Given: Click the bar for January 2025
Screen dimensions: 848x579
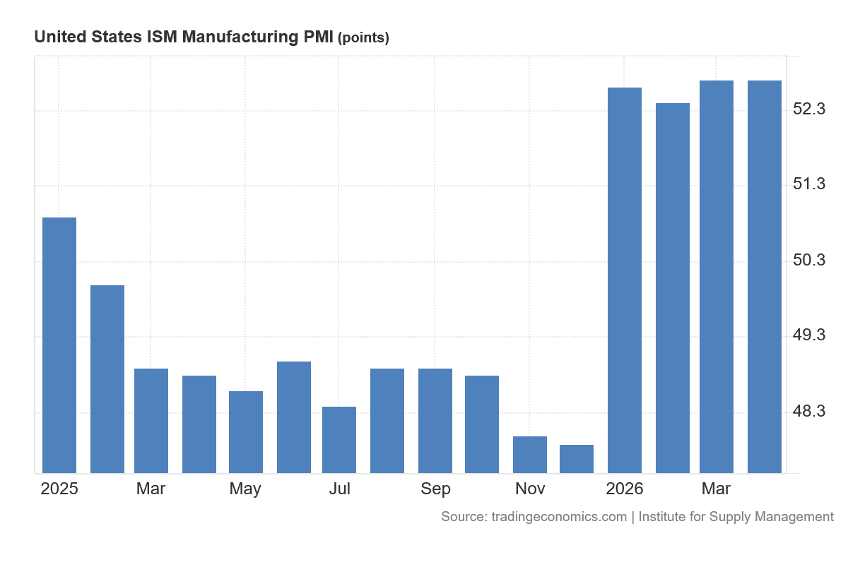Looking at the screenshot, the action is coord(59,345).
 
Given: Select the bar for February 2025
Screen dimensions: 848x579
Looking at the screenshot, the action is coord(107,379).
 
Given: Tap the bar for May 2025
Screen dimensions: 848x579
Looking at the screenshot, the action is coord(246,432).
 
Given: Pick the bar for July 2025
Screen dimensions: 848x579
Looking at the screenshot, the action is coord(339,440).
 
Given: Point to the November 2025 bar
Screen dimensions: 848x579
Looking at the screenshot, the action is coord(530,455).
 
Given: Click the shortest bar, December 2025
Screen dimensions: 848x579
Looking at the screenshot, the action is coord(577,459).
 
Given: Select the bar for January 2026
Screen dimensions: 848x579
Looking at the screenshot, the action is coord(625,280).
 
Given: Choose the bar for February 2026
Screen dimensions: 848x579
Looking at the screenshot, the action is coord(673,288).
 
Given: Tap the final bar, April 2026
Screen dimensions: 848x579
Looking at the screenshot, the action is coord(765,277).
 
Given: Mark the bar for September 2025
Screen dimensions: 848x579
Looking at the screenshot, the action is coord(435,421).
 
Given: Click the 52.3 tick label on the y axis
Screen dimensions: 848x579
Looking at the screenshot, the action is coord(809,109).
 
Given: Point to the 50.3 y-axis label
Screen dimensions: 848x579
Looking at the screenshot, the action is coord(809,260).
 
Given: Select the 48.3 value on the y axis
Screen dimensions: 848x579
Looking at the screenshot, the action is coord(809,411).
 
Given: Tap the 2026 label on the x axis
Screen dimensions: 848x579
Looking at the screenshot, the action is coord(625,489).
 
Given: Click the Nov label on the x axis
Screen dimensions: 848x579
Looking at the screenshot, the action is coord(530,489).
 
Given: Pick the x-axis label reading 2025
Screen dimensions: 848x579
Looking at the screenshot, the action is coord(59,489).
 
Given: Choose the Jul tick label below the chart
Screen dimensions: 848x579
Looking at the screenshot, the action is coord(340,489).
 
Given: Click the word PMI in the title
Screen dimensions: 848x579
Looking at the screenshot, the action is coord(319,37).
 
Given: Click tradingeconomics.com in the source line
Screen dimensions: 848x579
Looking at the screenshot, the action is coord(559,517).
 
